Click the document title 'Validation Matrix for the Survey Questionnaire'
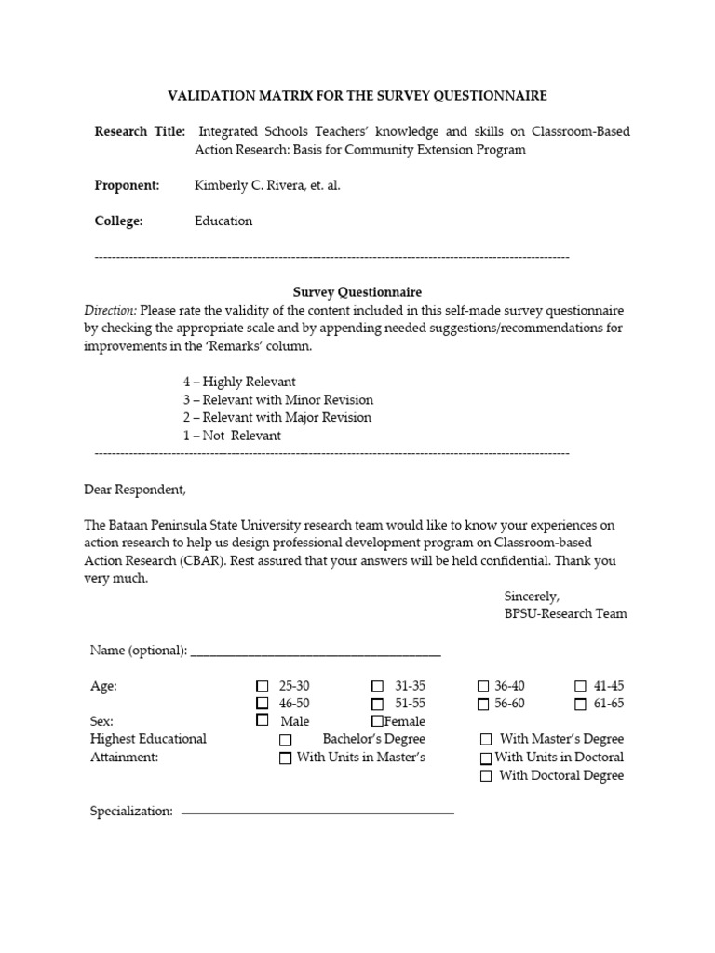coord(357,96)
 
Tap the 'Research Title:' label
coord(140,131)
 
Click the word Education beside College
coord(223,221)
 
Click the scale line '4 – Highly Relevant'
coord(239,382)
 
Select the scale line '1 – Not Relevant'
coord(232,435)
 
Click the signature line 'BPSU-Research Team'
coord(565,613)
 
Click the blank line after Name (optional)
coord(316,651)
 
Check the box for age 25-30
coord(262,687)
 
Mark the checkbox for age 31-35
coord(377,687)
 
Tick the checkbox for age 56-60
coord(483,705)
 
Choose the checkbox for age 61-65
coord(580,705)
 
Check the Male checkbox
coord(262,721)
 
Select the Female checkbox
coord(377,721)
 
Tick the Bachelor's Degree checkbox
coord(286,740)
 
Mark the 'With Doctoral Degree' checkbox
coord(486,776)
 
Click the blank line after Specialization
coord(317,812)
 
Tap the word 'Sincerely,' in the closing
coord(532,596)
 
